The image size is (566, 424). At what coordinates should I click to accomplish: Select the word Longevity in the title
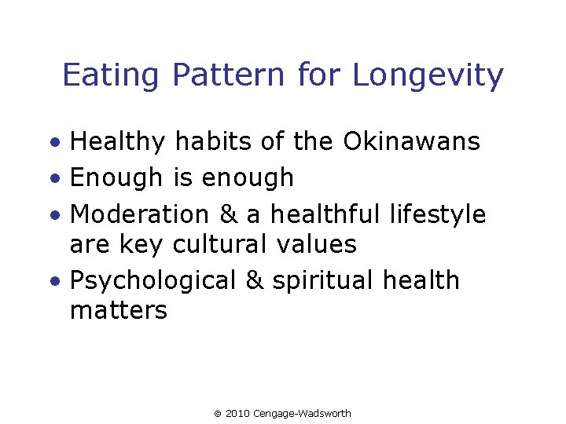point(428,76)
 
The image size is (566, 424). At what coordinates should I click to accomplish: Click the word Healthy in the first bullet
point(118,142)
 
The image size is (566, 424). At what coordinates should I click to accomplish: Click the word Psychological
point(153,280)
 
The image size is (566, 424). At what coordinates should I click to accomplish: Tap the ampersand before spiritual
point(255,280)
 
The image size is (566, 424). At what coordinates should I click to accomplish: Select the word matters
point(118,310)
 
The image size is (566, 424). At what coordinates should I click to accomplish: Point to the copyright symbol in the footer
point(218,414)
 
